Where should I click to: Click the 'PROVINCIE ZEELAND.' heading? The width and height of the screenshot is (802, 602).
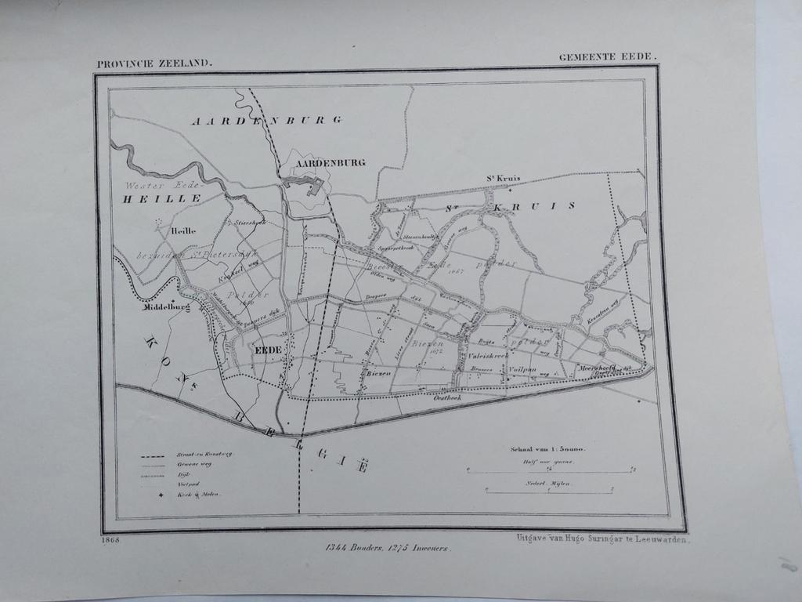[154, 64]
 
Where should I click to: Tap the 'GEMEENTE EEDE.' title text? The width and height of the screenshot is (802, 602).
[608, 57]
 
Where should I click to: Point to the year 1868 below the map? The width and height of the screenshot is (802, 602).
[110, 539]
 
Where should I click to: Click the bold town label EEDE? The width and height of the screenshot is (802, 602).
[268, 350]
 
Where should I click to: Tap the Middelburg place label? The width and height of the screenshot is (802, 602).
[166, 308]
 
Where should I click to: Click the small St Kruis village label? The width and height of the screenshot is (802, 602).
[504, 179]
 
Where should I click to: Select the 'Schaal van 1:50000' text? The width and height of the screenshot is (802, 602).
[547, 450]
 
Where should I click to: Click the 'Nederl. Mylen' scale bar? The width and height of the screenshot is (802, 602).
[548, 489]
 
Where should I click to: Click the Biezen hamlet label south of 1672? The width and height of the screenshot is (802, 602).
[378, 374]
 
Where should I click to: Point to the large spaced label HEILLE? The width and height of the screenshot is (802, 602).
[161, 200]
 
